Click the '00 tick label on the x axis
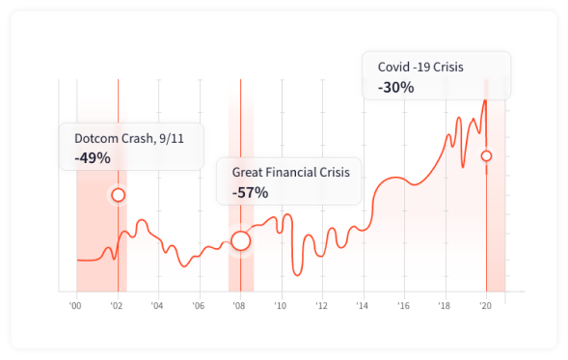[x=75, y=307]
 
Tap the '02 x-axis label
[x=117, y=307]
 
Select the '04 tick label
[x=157, y=307]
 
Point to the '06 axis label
[x=198, y=307]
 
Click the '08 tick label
[x=239, y=307]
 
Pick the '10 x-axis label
[x=280, y=307]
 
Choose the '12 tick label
[x=321, y=307]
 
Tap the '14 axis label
[x=362, y=307]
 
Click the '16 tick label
[x=403, y=307]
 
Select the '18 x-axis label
[x=444, y=307]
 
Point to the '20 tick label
[x=485, y=307]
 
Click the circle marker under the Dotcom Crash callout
[x=118, y=195]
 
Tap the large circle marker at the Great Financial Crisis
[x=240, y=240]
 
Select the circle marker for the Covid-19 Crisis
[x=486, y=155]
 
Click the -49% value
[x=93, y=157]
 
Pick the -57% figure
[x=250, y=192]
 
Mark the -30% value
[x=395, y=87]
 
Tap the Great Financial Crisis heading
[x=290, y=172]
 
